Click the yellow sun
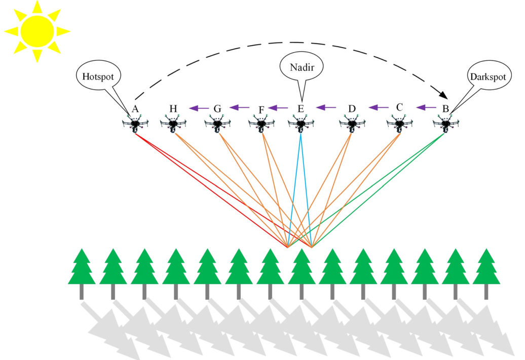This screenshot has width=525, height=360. click(37, 31)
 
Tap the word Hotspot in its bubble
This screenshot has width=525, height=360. click(99, 77)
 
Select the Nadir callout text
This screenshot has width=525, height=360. click(302, 66)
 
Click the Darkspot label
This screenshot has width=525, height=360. click(485, 77)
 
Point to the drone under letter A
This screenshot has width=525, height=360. click(135, 124)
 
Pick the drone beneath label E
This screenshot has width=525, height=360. click(301, 124)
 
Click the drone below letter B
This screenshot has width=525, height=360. click(446, 124)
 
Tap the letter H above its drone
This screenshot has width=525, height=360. click(173, 108)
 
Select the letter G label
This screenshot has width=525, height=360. click(217, 108)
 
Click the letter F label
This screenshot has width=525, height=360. click(261, 109)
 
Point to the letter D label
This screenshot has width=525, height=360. click(352, 108)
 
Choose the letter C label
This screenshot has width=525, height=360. click(399, 107)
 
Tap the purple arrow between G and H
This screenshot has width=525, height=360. click(199, 107)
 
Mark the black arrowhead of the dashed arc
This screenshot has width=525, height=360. click(443, 95)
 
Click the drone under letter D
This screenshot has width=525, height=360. click(351, 124)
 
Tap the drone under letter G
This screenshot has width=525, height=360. click(217, 124)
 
